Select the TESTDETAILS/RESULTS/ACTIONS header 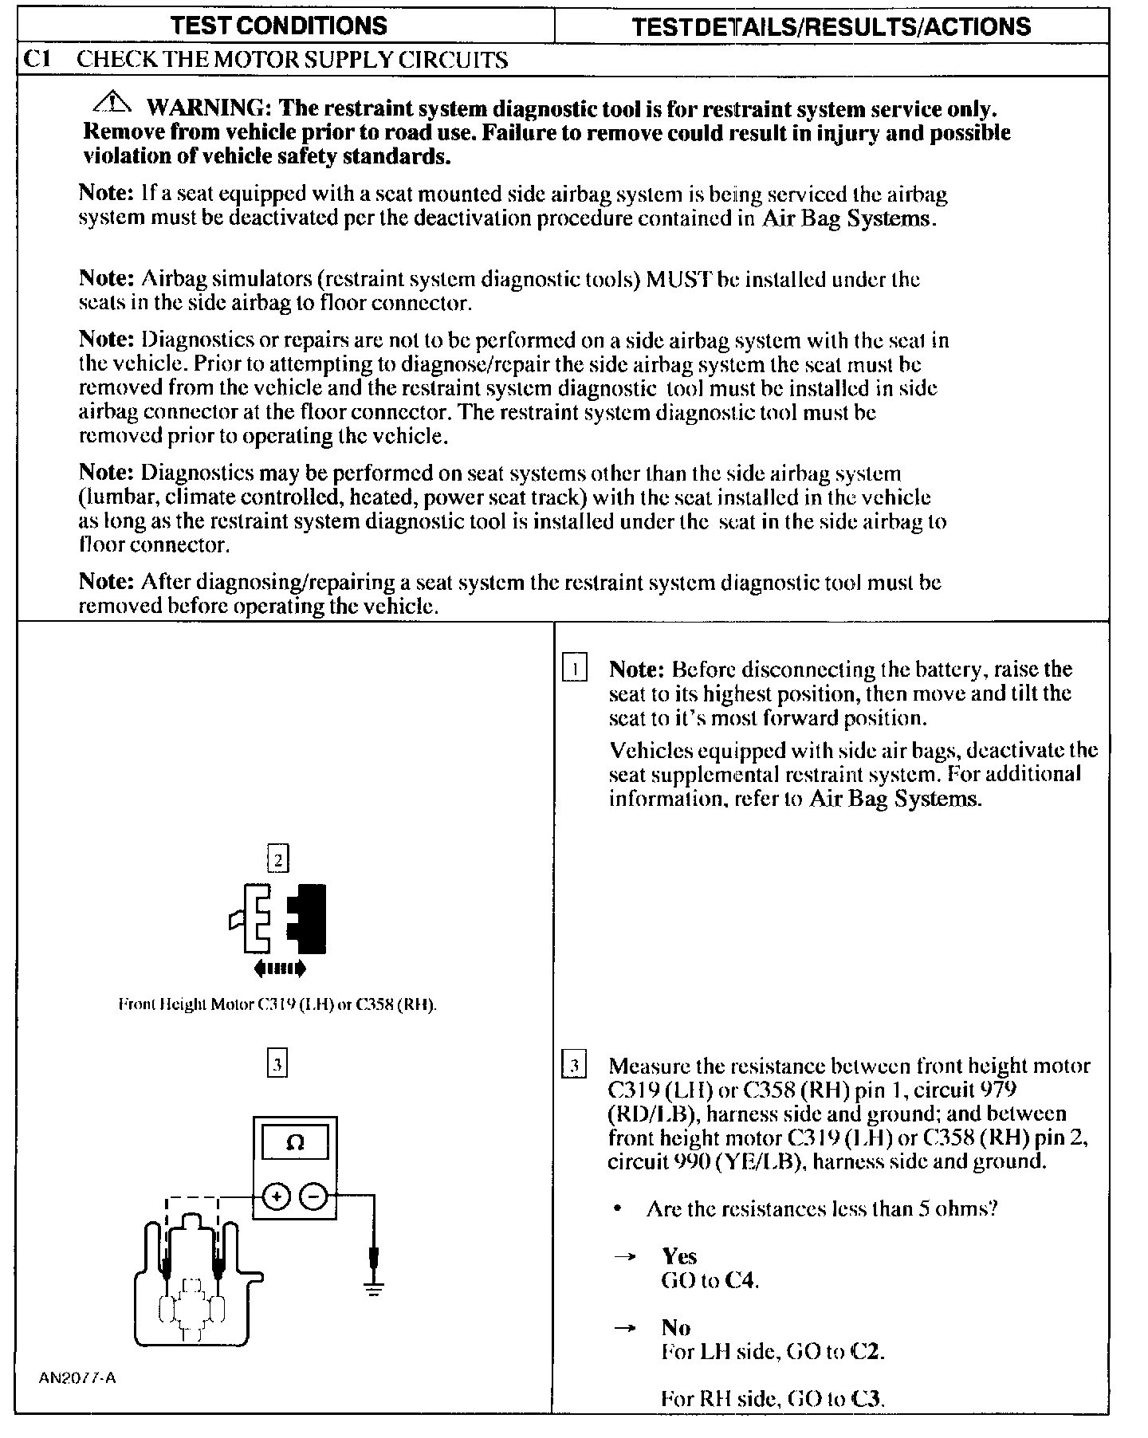pos(831,26)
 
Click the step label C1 pos(38,60)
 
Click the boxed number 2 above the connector pos(277,859)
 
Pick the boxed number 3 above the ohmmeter pos(277,1064)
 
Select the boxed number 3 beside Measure pos(574,1066)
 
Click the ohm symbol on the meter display pos(294,1143)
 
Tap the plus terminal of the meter pos(276,1196)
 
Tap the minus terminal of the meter pos(313,1196)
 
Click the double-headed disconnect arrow pos(278,968)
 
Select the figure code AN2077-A pos(77,1378)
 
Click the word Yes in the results pos(679,1257)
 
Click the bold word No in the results pos(676,1327)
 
